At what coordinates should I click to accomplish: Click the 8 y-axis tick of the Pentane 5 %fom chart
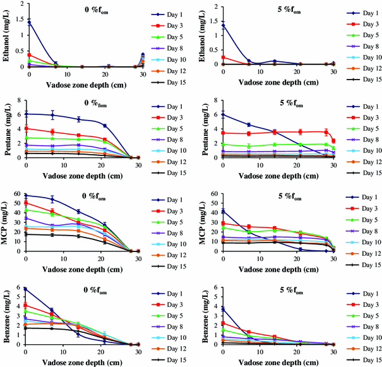[x=215, y=100]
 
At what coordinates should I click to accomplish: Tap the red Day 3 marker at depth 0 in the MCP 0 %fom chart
[x=25, y=203]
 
